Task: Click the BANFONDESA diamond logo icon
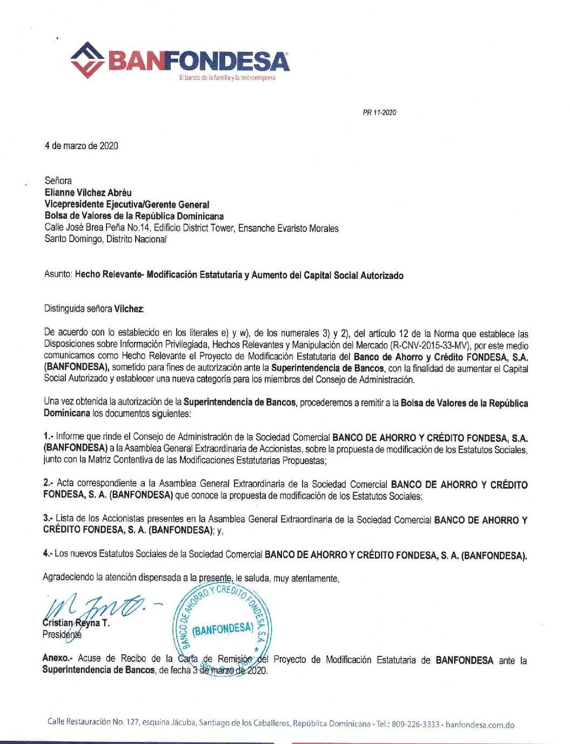(x=88, y=61)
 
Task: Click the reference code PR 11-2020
(x=379, y=112)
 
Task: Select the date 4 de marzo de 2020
(x=81, y=146)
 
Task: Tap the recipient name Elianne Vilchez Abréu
(x=88, y=192)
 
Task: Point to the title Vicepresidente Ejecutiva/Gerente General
(x=126, y=204)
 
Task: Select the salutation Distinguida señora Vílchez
(x=94, y=309)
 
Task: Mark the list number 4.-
(x=48, y=553)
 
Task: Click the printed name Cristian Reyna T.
(x=76, y=623)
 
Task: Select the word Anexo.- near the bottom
(x=57, y=658)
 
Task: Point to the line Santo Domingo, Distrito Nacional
(x=105, y=239)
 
